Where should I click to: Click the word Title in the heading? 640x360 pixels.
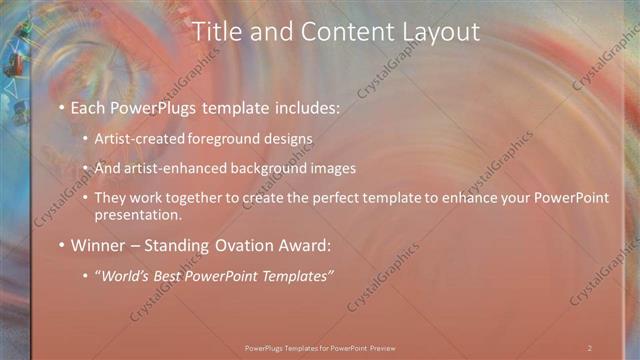tap(216, 32)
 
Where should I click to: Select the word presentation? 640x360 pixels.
tap(138, 214)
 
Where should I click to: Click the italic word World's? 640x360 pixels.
tap(128, 276)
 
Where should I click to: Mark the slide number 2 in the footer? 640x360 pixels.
tap(590, 347)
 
